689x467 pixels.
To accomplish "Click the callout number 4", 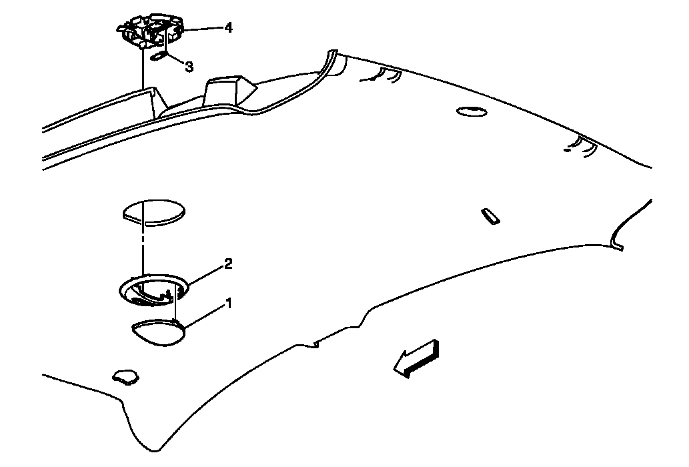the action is pyautogui.click(x=228, y=28).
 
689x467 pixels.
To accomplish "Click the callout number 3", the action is pyautogui.click(x=189, y=67).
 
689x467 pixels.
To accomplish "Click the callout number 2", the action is pyautogui.click(x=228, y=264).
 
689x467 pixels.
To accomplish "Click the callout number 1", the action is pyautogui.click(x=228, y=303).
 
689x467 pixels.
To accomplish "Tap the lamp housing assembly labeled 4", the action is pyautogui.click(x=150, y=30).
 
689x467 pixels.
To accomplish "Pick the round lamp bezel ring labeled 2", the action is pyautogui.click(x=154, y=291).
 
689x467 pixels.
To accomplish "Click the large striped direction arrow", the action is pyautogui.click(x=416, y=358).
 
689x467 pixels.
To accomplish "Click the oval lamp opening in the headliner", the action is pyautogui.click(x=153, y=213).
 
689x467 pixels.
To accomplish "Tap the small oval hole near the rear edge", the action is pyautogui.click(x=472, y=111).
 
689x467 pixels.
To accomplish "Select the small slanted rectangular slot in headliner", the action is pyautogui.click(x=490, y=216).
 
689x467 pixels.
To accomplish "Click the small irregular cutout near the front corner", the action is pyautogui.click(x=126, y=376).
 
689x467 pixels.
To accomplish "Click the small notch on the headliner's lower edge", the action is pyautogui.click(x=315, y=343).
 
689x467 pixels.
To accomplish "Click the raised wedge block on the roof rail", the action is pyautogui.click(x=229, y=91).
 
